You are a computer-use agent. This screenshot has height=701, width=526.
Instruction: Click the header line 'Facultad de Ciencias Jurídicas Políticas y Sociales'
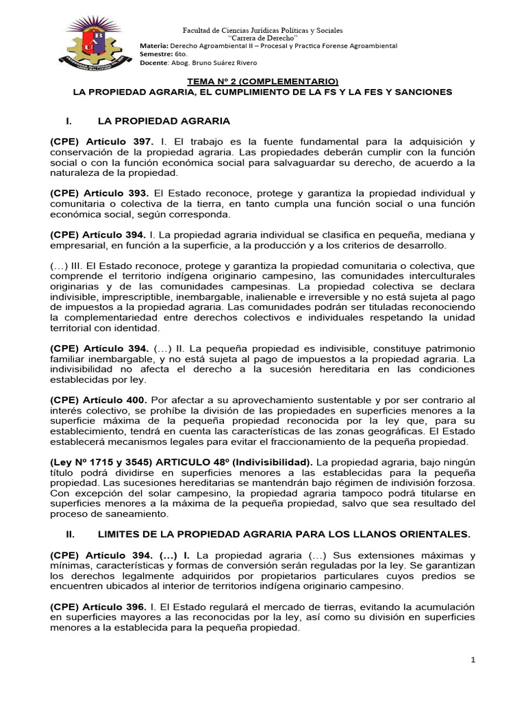coord(262,31)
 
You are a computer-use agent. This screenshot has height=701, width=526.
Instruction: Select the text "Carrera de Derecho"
coord(262,39)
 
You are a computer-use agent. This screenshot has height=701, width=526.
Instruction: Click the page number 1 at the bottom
coord(473,659)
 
